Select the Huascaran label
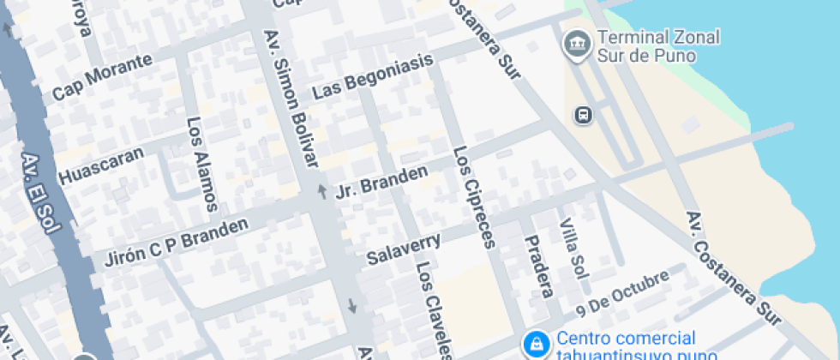110,160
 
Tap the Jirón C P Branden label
176,243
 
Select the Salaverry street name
404,248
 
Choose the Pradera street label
537,266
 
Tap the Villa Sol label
573,249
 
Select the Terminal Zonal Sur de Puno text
657,46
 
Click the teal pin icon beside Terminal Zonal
573,43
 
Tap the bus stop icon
583,115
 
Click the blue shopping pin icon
536,345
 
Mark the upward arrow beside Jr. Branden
322,190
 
